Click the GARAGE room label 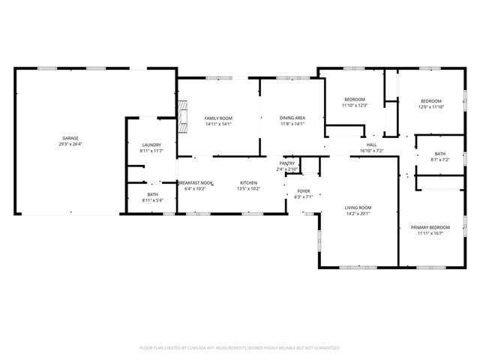coord(70,139)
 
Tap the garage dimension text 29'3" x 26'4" coord(70,145)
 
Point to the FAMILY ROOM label coord(219,118)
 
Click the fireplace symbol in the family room coord(181,116)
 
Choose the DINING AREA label coord(292,118)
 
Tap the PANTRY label coord(286,163)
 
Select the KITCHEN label coord(248,182)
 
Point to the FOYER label coord(303,191)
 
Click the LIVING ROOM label coord(358,207)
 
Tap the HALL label coord(371,145)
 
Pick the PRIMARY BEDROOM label coord(430,227)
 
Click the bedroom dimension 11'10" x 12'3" coord(354,106)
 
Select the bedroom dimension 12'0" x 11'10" coord(430,107)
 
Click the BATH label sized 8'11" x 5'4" coord(152,195)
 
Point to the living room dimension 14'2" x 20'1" coord(358,213)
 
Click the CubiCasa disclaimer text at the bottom coord(240,348)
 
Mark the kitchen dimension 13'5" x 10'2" coord(248,188)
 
